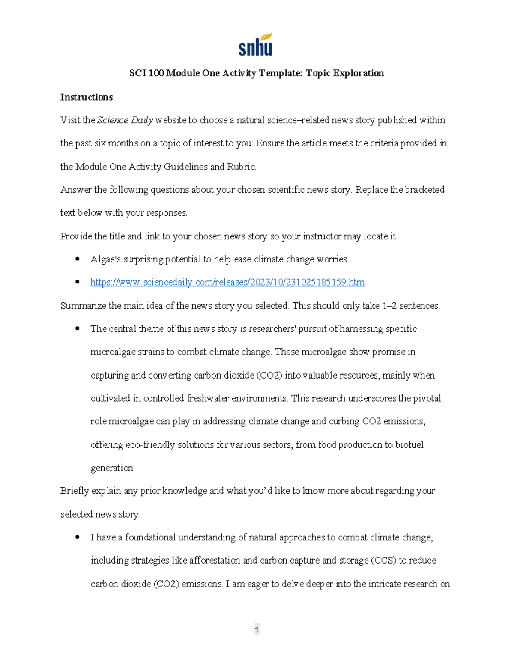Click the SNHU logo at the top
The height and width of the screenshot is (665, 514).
(255, 45)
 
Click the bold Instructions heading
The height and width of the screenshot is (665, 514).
(86, 97)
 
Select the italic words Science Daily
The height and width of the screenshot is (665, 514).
(125, 120)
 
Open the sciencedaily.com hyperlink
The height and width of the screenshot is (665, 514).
(227, 282)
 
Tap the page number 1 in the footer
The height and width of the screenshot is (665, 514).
(257, 629)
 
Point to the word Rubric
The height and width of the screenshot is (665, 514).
(244, 167)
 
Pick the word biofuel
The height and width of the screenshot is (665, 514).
(409, 444)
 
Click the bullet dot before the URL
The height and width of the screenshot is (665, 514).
(78, 282)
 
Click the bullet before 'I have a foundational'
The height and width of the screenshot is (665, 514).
(78, 537)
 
